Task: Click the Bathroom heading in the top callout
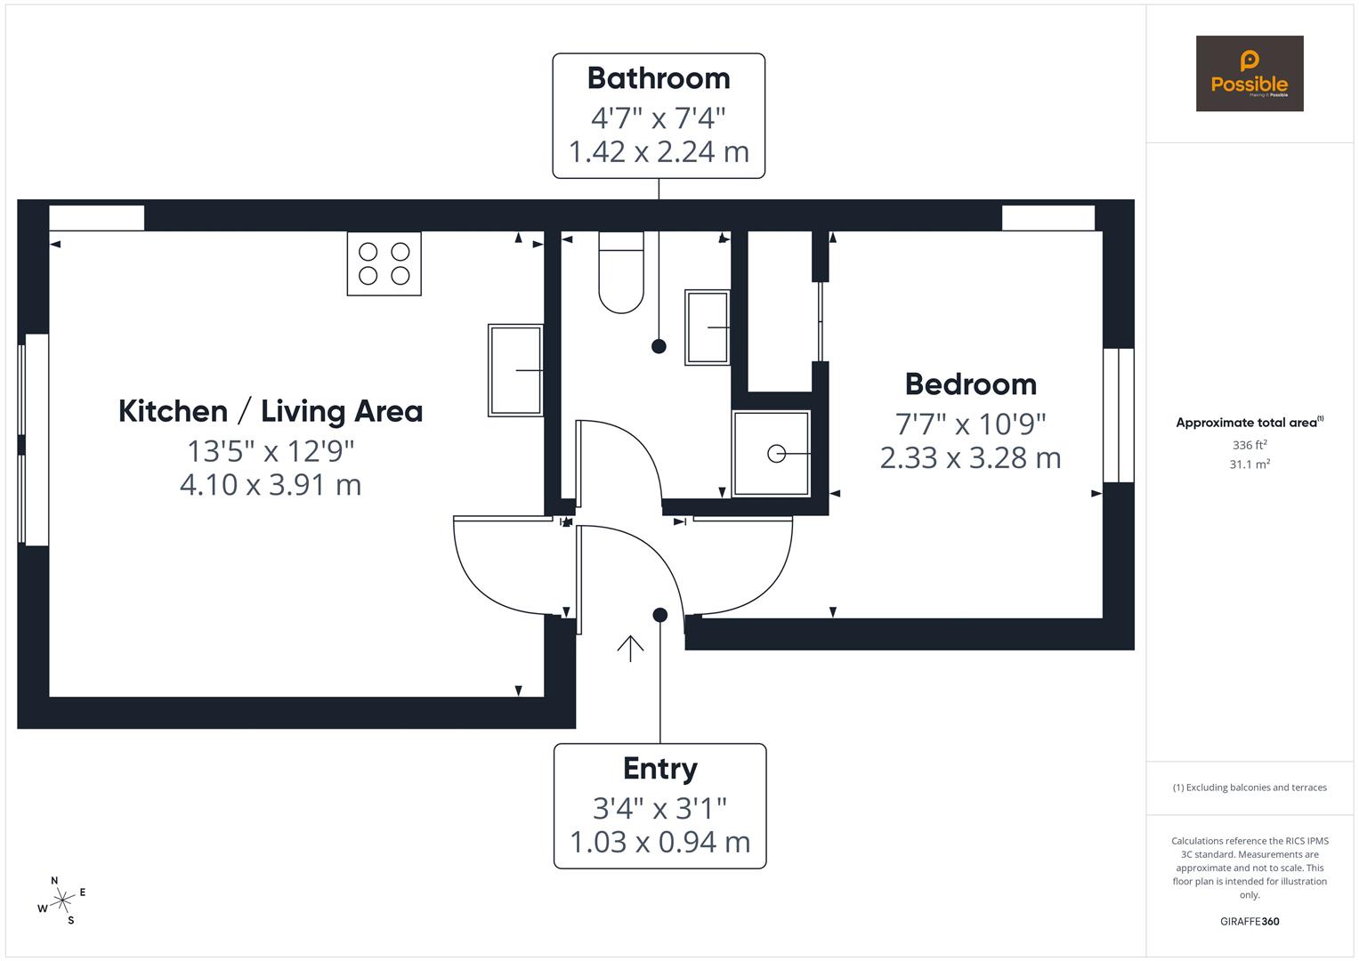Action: (x=659, y=78)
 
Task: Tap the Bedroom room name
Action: (x=971, y=384)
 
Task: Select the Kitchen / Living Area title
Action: (x=271, y=411)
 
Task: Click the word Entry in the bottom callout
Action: (x=659, y=769)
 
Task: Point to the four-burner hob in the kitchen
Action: (x=384, y=263)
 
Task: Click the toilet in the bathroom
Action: (x=621, y=273)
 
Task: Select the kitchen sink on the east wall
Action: (x=515, y=370)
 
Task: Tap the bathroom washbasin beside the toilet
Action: (x=708, y=327)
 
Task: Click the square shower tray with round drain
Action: (x=772, y=454)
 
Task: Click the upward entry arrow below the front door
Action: (x=630, y=649)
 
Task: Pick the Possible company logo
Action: (x=1249, y=74)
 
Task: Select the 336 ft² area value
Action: (x=1250, y=445)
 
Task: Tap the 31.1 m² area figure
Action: (x=1250, y=464)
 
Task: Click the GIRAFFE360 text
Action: (x=1250, y=922)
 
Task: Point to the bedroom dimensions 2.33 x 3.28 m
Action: (x=970, y=458)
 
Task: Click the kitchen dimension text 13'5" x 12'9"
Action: (x=271, y=451)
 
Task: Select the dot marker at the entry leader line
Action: (x=659, y=615)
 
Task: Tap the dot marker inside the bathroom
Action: (x=659, y=346)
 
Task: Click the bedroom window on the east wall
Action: (x=1118, y=416)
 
